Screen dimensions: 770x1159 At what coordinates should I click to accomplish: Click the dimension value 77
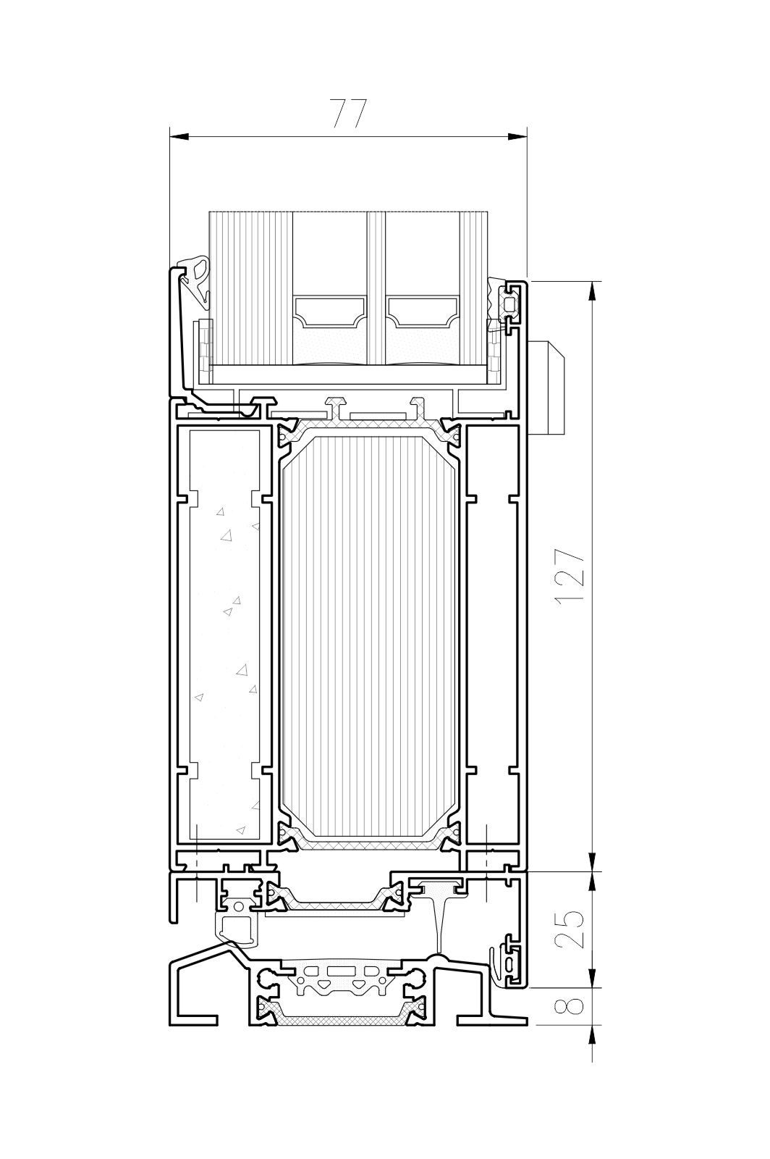[350, 113]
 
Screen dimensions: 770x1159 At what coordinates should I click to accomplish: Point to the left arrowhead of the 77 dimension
[179, 137]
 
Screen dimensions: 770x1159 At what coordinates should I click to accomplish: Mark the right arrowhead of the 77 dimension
[517, 137]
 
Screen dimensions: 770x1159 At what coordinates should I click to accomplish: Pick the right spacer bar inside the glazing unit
[422, 312]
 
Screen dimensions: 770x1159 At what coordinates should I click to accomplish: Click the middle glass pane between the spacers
[376, 290]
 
